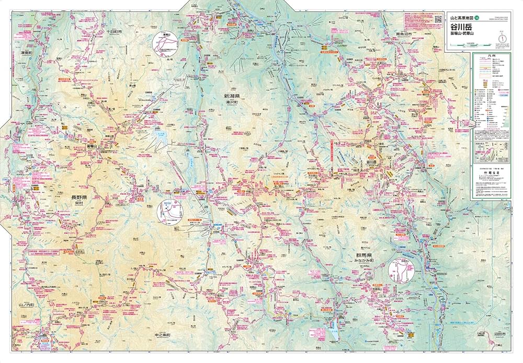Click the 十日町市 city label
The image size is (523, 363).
(113, 32)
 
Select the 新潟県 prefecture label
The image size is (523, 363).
(232, 97)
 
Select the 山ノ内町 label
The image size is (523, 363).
(26, 304)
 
